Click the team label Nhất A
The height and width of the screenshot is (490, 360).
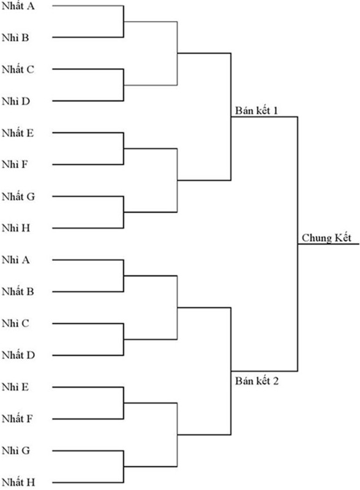coord(18,6)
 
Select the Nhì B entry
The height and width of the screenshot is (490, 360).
coord(15,38)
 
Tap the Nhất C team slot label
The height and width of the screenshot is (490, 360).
coord(18,69)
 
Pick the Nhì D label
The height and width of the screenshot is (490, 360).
coord(16,101)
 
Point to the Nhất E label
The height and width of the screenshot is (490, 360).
coord(18,133)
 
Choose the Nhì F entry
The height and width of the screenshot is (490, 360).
coord(15,164)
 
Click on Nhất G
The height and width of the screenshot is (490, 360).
coord(18,197)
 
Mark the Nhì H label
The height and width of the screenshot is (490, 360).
coord(16,228)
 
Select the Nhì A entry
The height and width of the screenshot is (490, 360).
coord(16,260)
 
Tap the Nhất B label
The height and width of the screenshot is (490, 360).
coord(18,292)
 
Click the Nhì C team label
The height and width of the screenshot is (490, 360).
coord(15,323)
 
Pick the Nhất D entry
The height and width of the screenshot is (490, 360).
coord(18,355)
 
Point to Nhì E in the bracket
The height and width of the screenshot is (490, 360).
coord(15,387)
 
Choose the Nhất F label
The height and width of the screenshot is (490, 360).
coord(17,419)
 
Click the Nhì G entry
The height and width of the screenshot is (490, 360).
coord(16,451)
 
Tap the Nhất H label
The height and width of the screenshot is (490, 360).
coord(18,482)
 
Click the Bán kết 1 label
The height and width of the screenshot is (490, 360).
coord(257,111)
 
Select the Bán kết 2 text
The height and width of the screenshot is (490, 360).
coord(257,381)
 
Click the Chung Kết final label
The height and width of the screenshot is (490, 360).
coord(326,238)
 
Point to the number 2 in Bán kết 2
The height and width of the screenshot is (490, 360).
coord(276,381)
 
